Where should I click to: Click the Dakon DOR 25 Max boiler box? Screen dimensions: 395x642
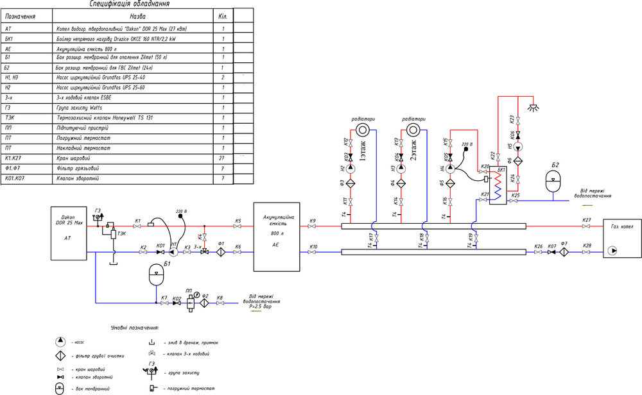69,232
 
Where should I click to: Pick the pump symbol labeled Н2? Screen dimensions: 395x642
344,169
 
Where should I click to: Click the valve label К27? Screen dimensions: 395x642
587,220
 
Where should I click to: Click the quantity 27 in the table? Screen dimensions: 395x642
223,157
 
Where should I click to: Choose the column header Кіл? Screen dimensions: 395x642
223,15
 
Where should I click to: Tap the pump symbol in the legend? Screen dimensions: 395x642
60,341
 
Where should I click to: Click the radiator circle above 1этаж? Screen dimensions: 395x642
363,130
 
